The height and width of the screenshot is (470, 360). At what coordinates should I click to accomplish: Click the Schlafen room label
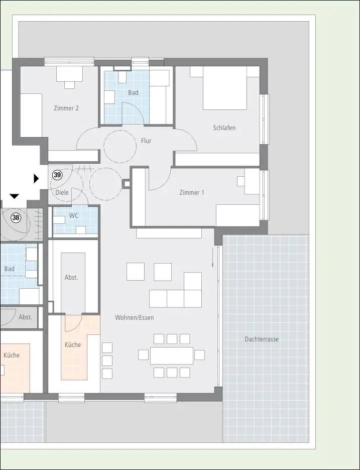click(224, 128)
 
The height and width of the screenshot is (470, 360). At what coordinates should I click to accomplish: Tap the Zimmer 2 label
click(66, 108)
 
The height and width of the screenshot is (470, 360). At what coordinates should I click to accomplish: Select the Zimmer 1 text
click(191, 192)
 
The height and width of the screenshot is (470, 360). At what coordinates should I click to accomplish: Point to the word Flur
click(146, 141)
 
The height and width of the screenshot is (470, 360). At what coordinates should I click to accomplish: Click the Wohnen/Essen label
click(134, 317)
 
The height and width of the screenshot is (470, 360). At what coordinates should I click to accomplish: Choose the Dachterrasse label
click(262, 339)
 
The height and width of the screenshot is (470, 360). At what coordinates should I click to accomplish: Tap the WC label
click(73, 216)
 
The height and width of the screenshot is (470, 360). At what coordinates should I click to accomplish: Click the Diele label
click(62, 192)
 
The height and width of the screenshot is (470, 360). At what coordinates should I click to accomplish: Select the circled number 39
click(57, 175)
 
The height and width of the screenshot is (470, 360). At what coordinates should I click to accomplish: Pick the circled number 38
click(16, 217)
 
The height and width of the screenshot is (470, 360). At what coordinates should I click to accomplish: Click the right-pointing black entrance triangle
click(36, 179)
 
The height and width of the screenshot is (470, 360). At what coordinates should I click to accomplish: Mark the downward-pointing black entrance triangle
click(14, 196)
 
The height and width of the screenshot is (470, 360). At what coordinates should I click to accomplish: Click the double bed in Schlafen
click(225, 88)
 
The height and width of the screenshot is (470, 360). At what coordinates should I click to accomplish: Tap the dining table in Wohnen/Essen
click(171, 356)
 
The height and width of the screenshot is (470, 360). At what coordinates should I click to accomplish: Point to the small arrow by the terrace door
click(213, 257)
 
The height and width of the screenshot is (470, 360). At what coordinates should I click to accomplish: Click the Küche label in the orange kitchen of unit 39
click(73, 344)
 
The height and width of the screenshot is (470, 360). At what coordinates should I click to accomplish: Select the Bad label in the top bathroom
click(133, 92)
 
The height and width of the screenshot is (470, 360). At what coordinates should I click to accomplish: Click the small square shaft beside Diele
click(127, 184)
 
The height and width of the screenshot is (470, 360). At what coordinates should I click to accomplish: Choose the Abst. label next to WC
click(71, 278)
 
